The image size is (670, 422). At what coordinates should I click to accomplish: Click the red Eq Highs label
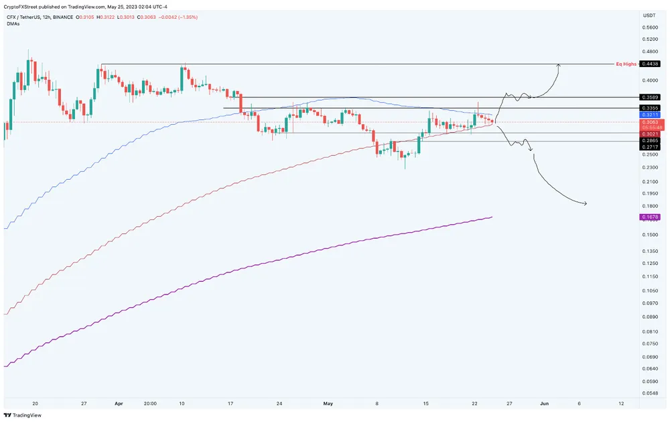point(626,64)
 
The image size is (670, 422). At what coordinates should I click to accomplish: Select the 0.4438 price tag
point(650,64)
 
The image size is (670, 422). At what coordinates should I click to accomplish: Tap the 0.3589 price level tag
point(650,97)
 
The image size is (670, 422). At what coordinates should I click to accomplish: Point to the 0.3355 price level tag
point(650,107)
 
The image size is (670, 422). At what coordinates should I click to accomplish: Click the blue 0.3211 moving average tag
point(650,115)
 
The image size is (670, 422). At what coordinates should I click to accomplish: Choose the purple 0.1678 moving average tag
point(650,217)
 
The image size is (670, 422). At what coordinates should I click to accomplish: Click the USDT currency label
point(649,15)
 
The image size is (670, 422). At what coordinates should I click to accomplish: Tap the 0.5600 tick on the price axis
point(649,28)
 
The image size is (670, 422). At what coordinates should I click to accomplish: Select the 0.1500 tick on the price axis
point(649,235)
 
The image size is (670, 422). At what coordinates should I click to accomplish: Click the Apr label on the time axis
point(119,404)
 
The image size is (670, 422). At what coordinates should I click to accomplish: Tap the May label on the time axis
point(328,404)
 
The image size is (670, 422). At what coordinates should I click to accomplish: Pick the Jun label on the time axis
point(545,404)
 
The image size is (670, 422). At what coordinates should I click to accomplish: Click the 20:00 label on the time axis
point(150,404)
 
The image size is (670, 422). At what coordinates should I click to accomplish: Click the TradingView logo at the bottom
point(23,415)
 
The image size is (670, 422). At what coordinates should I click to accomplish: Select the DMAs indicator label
point(12,22)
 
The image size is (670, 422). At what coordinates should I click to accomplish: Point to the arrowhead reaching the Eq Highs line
point(558,64)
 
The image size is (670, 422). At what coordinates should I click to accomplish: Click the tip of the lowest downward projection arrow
point(586,203)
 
